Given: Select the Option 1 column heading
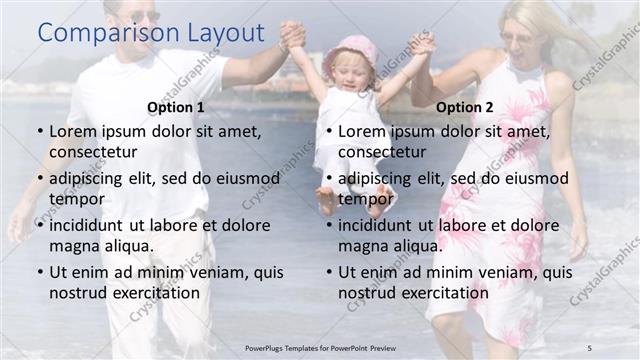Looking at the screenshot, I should (175, 107).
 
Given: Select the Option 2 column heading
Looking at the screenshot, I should (465, 107).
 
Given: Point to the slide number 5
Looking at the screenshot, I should (590, 346).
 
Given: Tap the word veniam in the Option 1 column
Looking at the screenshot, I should (211, 272).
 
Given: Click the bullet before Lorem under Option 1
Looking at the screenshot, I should (39, 131).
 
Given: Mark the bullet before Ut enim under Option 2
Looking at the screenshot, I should (329, 272).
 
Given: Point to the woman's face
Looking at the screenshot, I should (523, 38).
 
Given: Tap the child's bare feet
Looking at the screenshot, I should (352, 200).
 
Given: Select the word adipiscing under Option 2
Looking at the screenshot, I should (382, 178).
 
